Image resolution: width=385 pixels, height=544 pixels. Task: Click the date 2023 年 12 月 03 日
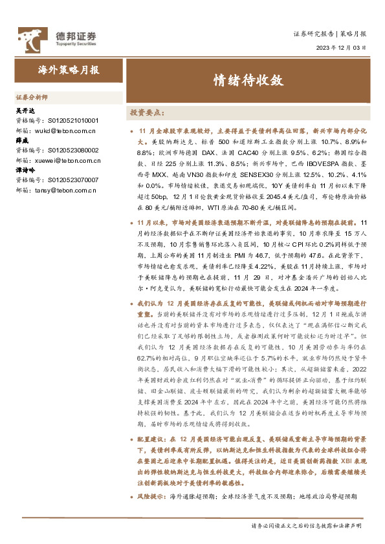coord(341,48)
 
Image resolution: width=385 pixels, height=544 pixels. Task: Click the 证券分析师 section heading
coord(32,97)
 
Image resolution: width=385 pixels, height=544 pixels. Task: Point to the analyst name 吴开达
coord(24,111)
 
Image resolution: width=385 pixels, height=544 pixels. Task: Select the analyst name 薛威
coord(21,140)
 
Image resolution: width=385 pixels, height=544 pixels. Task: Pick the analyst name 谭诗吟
coord(24,170)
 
